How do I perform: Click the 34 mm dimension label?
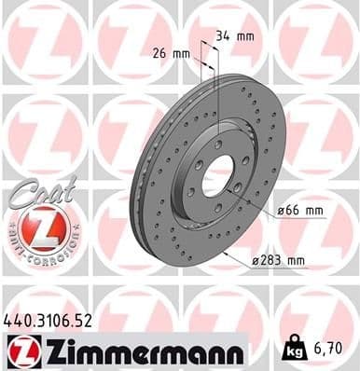[234, 36]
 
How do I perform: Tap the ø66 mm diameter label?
[300, 211]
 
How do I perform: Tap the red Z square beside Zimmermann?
[19, 351]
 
